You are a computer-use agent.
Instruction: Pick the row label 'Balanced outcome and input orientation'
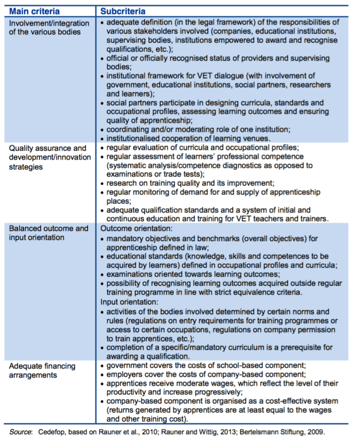[48, 232]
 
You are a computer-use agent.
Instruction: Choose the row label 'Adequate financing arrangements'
[43, 370]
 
